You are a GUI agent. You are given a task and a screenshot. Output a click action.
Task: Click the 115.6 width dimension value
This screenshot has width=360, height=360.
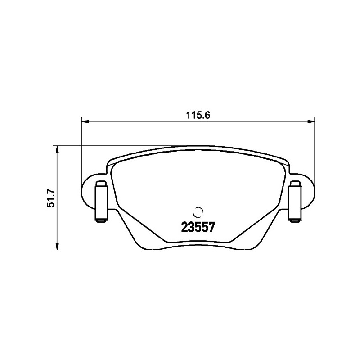pos(198,115)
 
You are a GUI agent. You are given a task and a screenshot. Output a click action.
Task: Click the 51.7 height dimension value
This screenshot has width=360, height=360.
pos(50,198)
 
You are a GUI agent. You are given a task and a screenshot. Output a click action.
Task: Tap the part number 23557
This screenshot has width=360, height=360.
pos(198,228)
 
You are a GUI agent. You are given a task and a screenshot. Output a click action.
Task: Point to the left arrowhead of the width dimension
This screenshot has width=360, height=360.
pos(85,121)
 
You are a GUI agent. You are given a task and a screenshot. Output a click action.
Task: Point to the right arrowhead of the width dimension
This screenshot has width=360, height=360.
pos(311,121)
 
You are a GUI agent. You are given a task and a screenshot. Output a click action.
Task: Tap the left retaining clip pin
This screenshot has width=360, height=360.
pos(101,202)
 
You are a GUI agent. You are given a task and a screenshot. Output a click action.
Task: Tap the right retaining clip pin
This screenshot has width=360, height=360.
pos(295,202)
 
